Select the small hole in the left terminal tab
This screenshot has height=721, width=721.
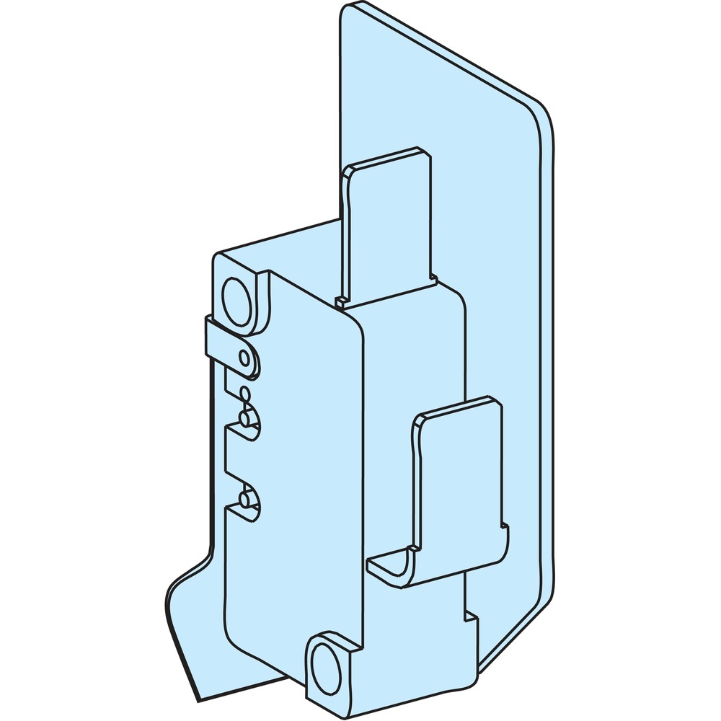(x=246, y=358)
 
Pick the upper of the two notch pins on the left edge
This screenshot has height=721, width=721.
(x=246, y=419)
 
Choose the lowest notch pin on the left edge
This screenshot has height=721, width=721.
(x=246, y=497)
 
